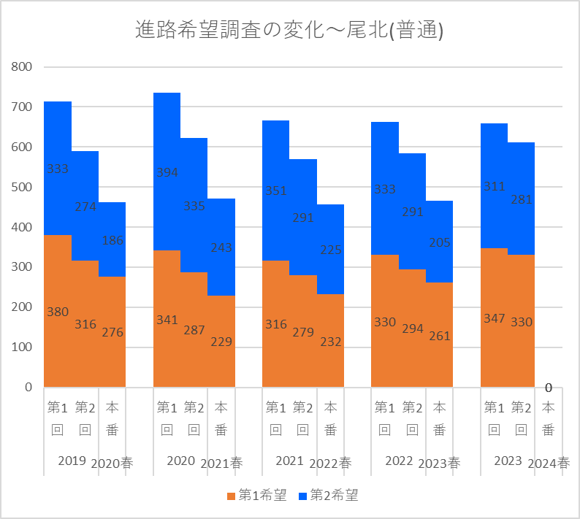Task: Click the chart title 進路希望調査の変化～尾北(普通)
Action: tap(290, 31)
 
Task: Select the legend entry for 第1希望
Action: tap(256, 496)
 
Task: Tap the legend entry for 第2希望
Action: tap(328, 496)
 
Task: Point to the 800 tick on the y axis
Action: tap(23, 67)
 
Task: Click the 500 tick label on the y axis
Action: tap(23, 187)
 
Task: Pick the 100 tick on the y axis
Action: tap(23, 347)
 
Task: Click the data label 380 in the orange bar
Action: tap(58, 312)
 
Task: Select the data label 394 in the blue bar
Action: tap(167, 173)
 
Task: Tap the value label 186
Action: tap(112, 240)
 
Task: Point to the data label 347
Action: tap(494, 319)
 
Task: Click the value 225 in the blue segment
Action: tap(330, 250)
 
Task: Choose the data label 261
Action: tap(439, 336)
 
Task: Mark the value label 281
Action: tap(522, 199)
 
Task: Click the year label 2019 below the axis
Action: tap(72, 461)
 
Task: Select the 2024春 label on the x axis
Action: tap(549, 464)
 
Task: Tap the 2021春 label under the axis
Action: tap(221, 464)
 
